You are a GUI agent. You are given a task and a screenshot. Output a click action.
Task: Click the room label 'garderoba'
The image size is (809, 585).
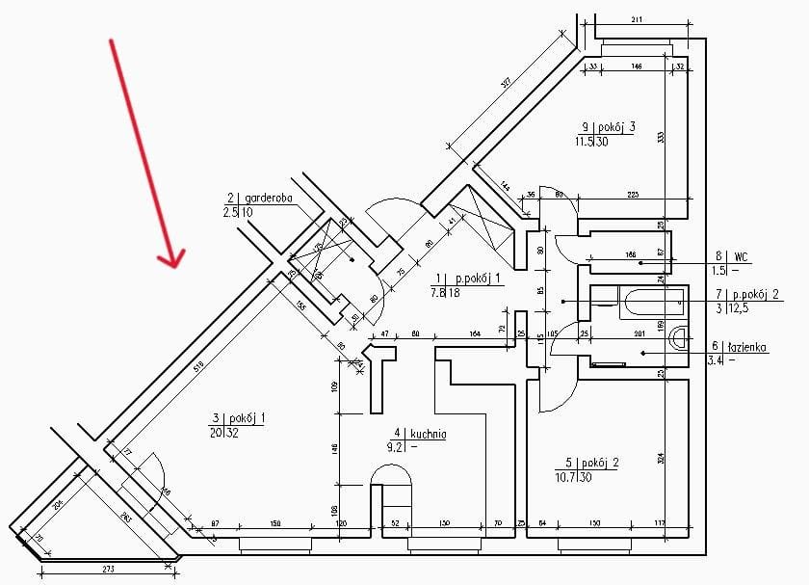(264, 198)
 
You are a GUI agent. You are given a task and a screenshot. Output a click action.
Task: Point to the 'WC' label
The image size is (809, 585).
(742, 256)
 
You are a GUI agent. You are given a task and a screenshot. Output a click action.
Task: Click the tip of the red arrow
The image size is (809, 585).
(174, 264)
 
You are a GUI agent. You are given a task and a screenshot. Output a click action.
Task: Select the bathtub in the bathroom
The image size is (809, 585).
(653, 305)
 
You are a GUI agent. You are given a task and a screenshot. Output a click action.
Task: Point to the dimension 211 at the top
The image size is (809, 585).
(637, 19)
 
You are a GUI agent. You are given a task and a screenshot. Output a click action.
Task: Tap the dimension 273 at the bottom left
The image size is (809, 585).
(108, 571)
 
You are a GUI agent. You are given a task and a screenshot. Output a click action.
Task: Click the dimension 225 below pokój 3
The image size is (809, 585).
(633, 195)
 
